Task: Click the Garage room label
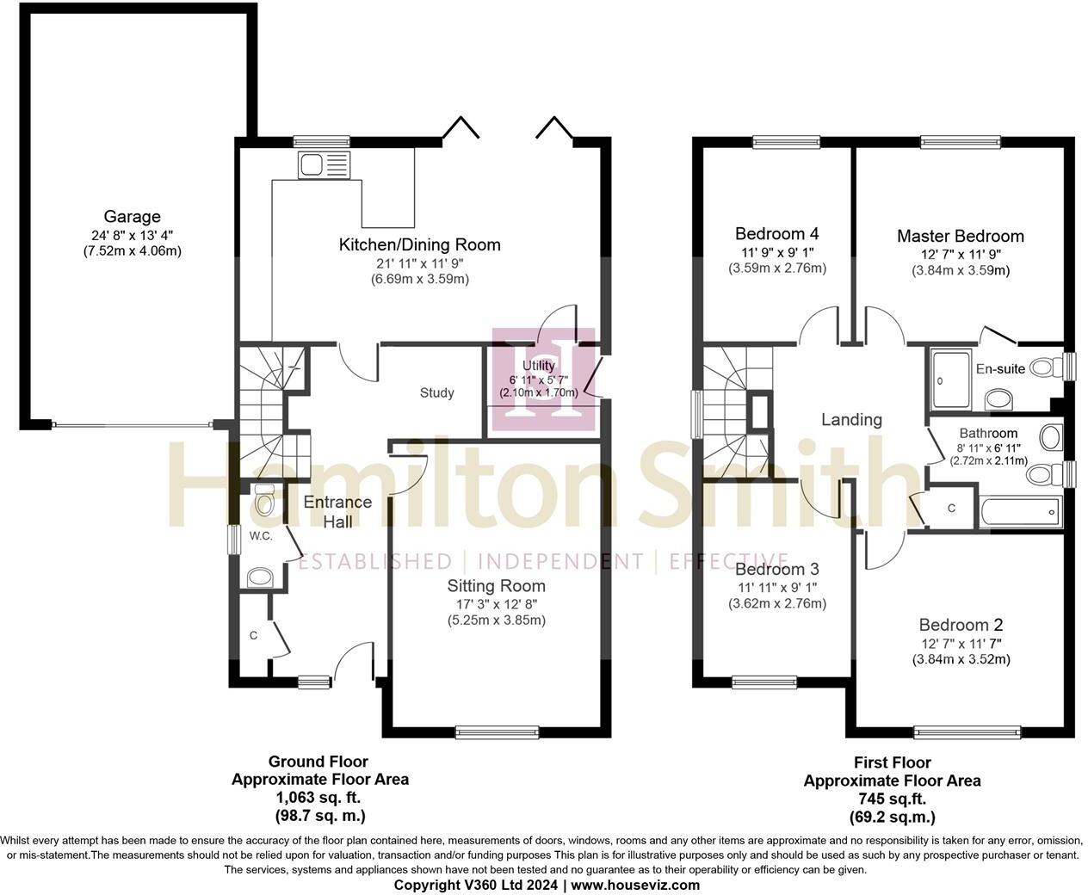tap(132, 217)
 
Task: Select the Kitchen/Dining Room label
tap(419, 244)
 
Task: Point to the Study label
tap(437, 393)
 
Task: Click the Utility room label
tap(539, 367)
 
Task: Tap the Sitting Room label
tap(496, 586)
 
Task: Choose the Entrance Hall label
tap(337, 512)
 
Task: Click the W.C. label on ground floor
tap(261, 536)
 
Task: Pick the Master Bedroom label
tap(960, 236)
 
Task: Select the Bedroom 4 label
tap(776, 233)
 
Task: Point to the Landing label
tap(851, 419)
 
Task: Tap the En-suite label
tap(1000, 369)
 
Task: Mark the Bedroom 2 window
tap(967, 733)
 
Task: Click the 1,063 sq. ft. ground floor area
tap(319, 798)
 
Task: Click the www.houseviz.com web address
tap(635, 885)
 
